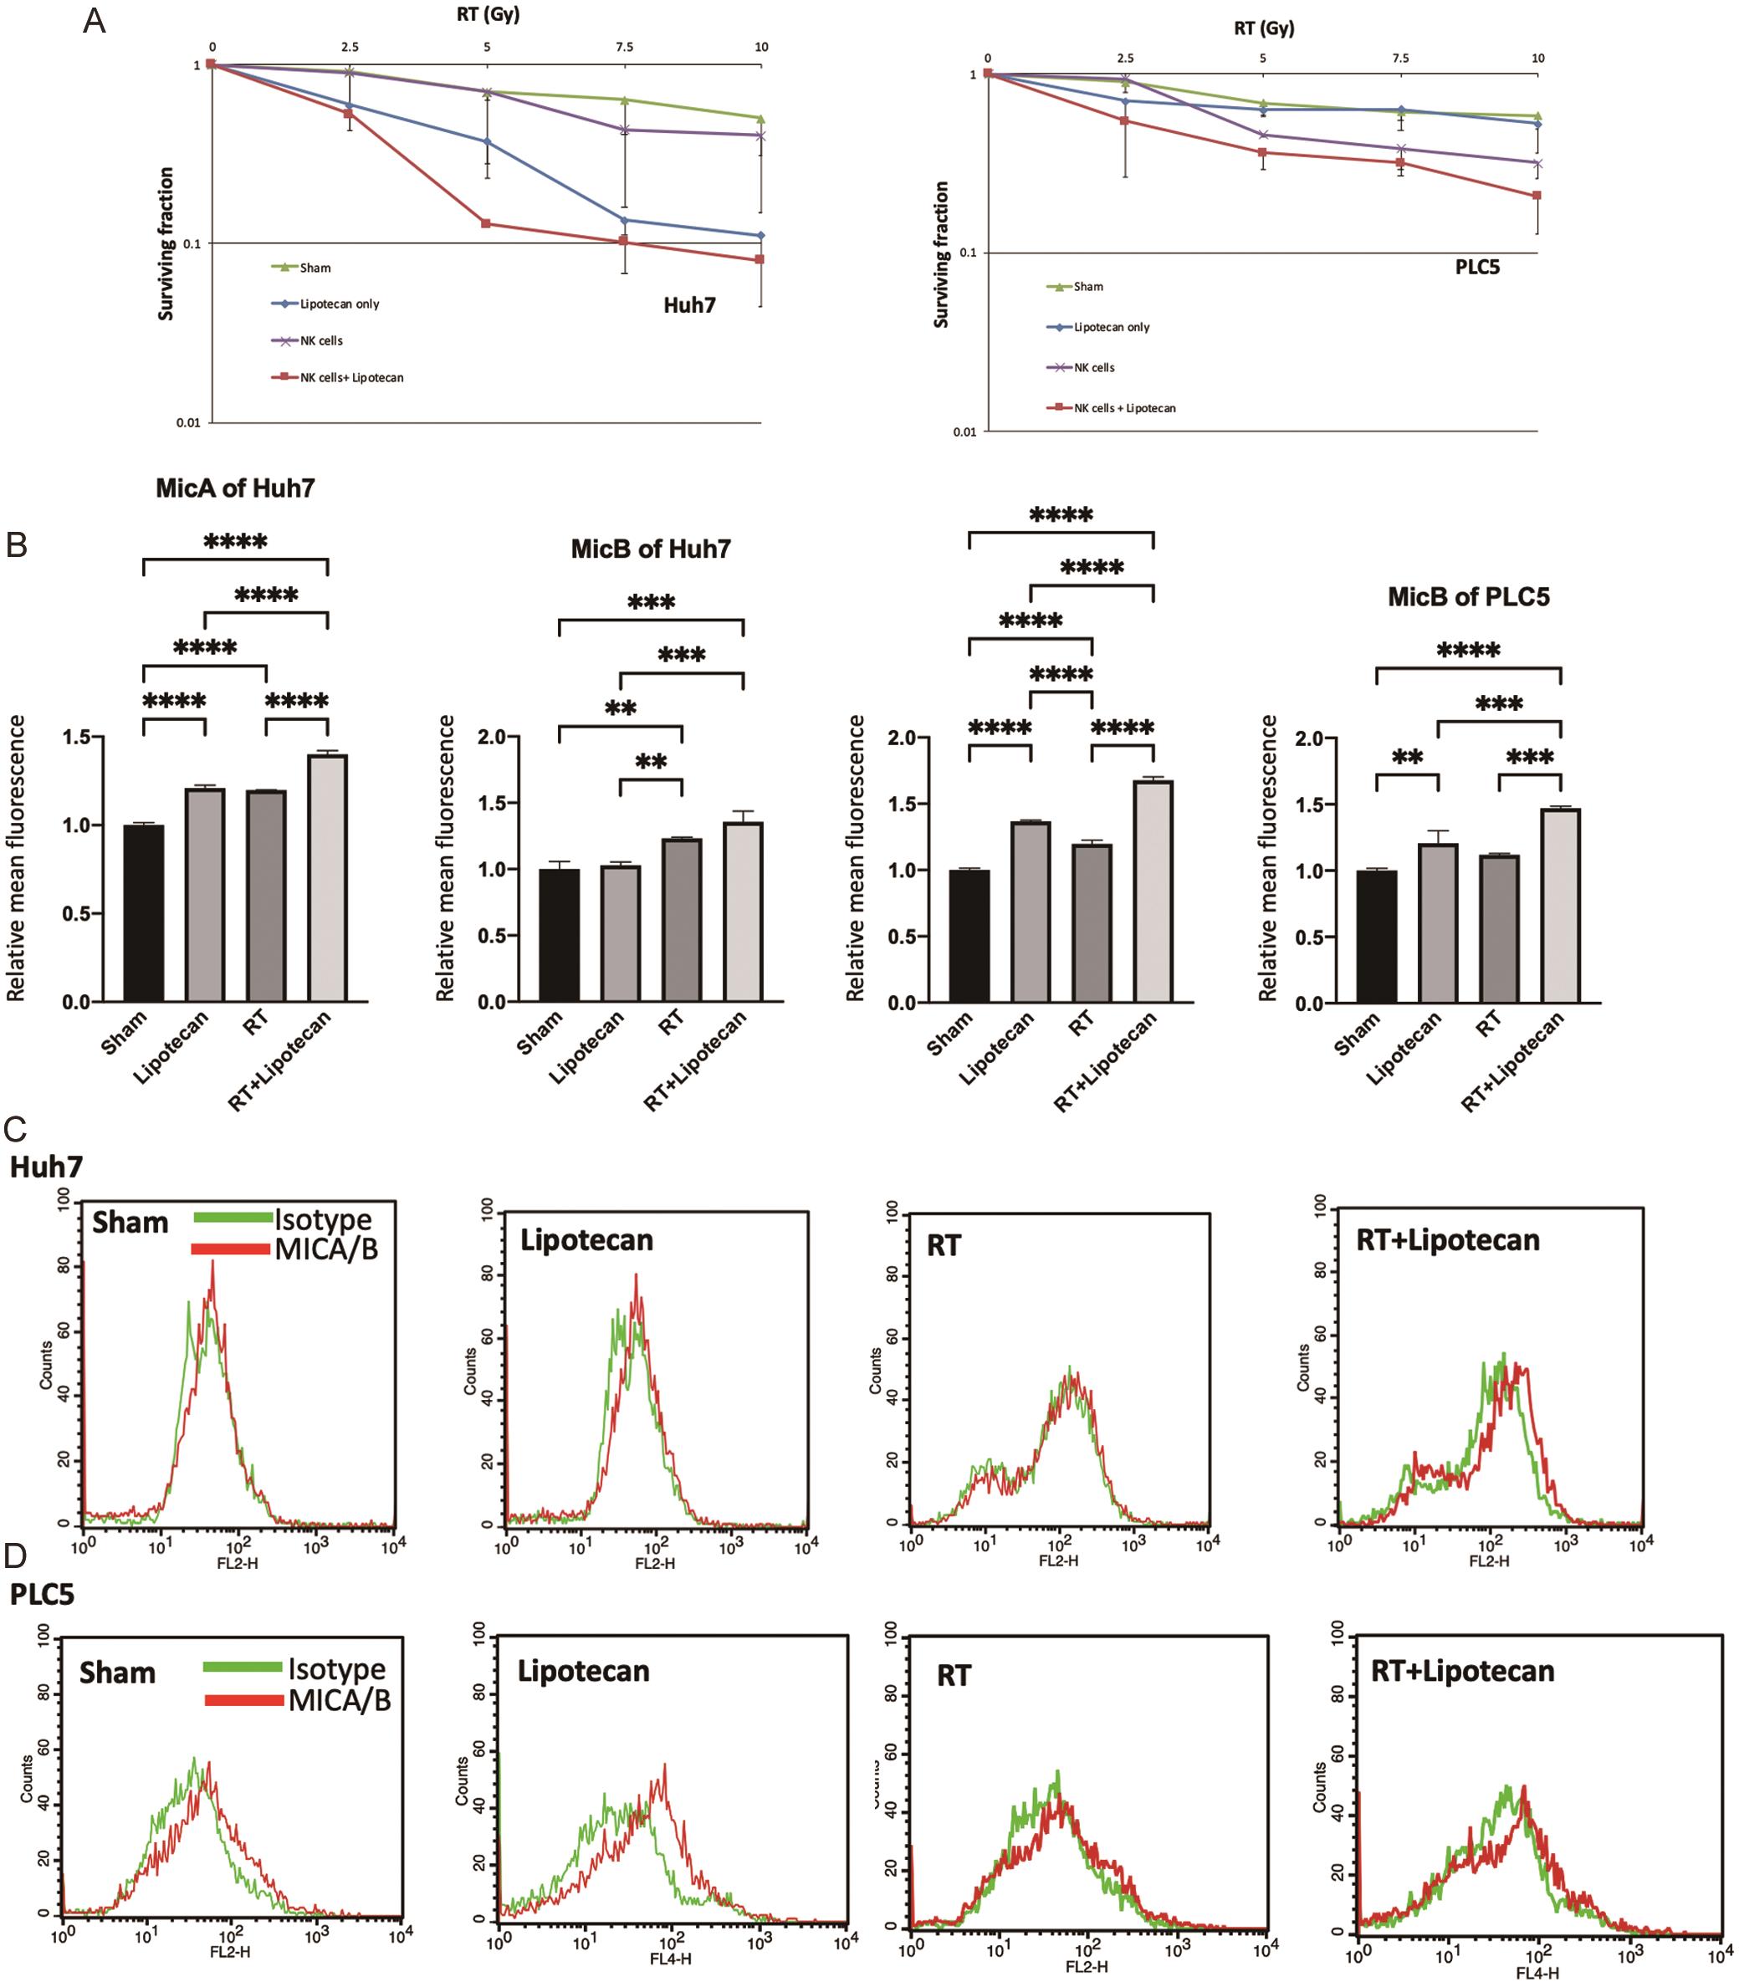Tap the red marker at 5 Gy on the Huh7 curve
(x=486, y=224)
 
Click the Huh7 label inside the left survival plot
(x=689, y=305)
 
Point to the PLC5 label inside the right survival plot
(x=1477, y=268)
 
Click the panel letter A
(x=95, y=22)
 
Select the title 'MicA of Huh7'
(x=235, y=488)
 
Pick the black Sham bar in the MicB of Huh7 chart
(x=559, y=935)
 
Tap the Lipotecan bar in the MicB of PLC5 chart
(x=1437, y=922)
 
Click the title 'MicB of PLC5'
(x=1467, y=596)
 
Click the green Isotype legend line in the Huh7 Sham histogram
(x=232, y=1218)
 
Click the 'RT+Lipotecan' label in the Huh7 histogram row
(x=1447, y=1241)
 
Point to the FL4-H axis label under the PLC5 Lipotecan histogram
(x=670, y=1959)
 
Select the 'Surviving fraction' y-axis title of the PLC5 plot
(x=940, y=254)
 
